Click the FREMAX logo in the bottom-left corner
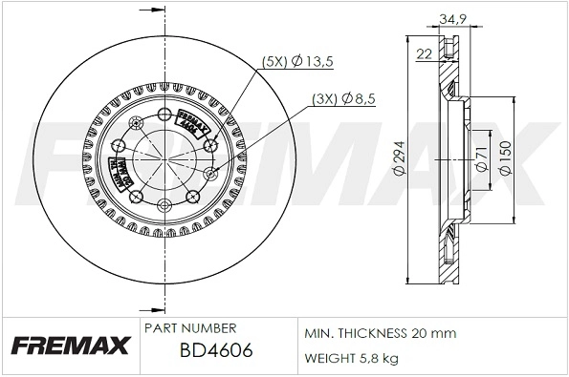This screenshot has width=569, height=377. tap(68, 345)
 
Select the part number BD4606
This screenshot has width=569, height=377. tap(216, 350)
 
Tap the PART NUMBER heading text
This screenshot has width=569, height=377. tap(189, 327)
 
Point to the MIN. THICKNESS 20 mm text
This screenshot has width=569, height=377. tap(380, 333)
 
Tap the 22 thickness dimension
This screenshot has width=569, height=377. tap(424, 54)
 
